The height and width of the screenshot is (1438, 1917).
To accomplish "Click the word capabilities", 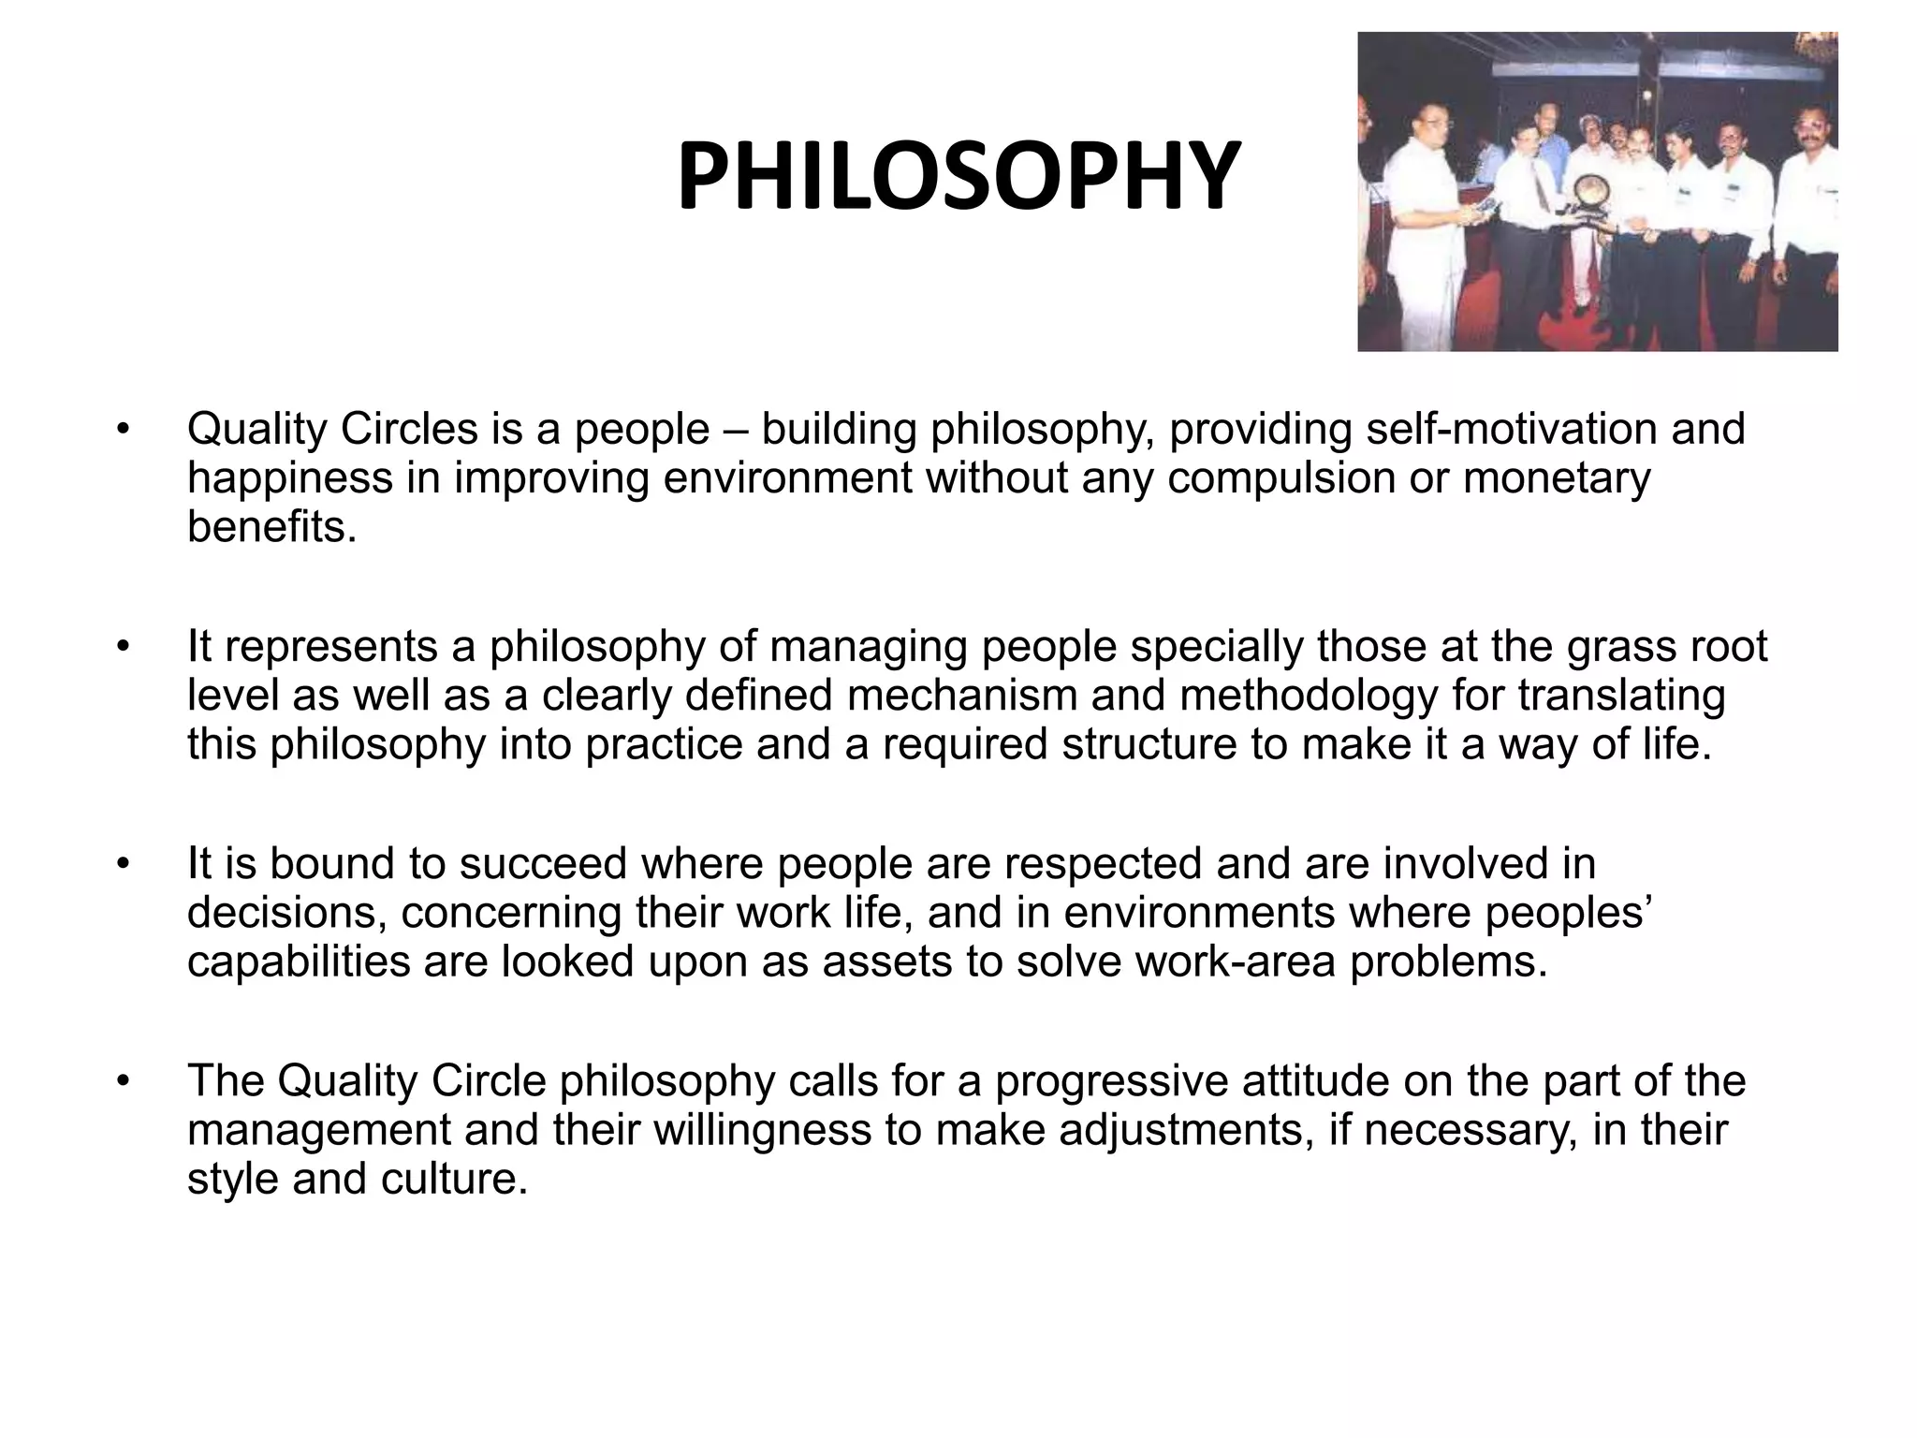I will point(299,961).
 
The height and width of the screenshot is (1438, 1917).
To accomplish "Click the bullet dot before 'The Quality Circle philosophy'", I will point(122,1083).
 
